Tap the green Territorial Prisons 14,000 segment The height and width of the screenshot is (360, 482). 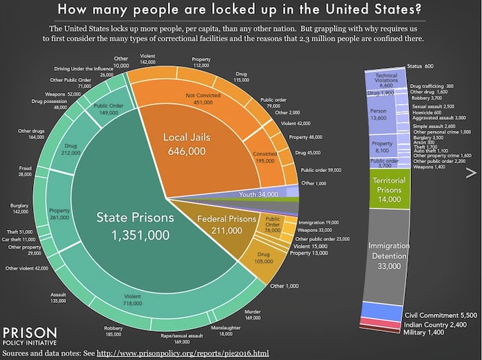point(390,193)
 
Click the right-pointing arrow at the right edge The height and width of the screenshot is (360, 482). point(472,171)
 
